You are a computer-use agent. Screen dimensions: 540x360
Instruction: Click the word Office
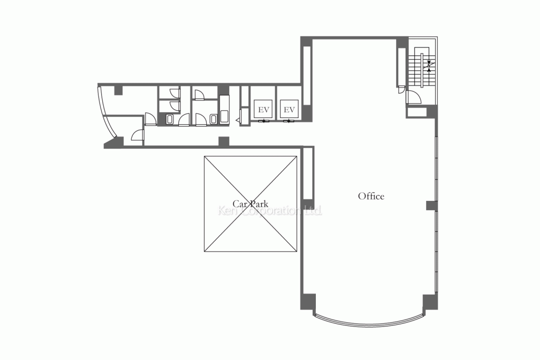coord(371,196)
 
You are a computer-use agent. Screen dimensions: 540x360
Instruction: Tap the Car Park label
coord(250,203)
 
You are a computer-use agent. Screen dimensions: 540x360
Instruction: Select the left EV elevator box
coord(264,110)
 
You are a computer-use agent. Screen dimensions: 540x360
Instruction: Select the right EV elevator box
coord(290,110)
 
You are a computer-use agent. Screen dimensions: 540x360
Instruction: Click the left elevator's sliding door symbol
coord(264,121)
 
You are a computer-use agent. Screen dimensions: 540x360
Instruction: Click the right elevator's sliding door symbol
coord(289,121)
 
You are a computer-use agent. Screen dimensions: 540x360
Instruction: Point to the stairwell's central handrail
coord(421,71)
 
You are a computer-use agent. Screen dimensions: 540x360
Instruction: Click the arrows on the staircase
coord(429,66)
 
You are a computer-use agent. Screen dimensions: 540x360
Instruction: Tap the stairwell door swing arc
coord(414,96)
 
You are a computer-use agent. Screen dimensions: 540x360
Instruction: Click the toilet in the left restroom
coord(169,120)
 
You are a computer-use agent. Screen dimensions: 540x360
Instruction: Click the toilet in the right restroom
coord(213,120)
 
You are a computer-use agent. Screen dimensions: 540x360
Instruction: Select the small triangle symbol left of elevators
coord(238,120)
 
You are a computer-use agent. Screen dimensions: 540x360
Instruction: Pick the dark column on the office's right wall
coord(432,206)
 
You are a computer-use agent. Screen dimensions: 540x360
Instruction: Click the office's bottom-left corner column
coord(308,301)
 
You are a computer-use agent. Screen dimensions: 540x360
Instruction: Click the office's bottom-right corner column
coord(430,301)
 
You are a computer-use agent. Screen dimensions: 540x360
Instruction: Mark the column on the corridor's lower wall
coord(224,141)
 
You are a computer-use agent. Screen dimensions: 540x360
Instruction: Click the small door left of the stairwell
coord(401,90)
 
